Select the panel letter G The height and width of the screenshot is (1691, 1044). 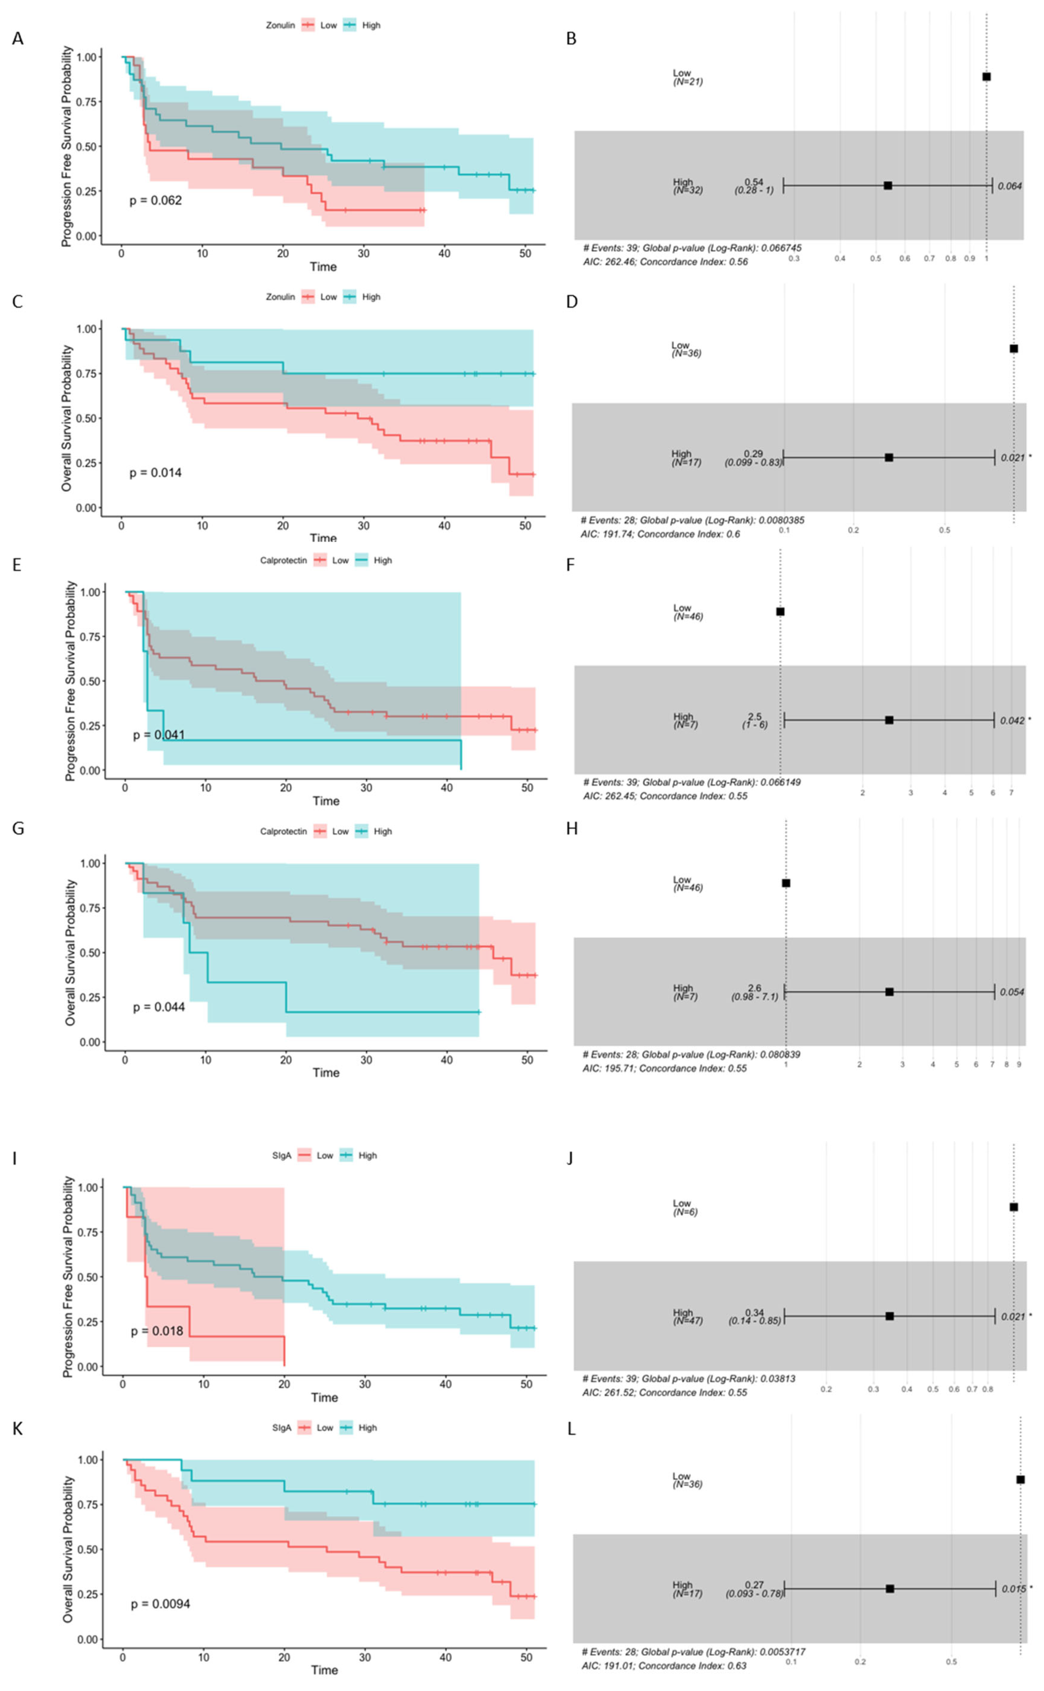pos(18,828)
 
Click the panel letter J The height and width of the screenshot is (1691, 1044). pos(570,1158)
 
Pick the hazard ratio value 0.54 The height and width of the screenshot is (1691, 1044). pos(754,182)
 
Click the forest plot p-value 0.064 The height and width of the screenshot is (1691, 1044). pos(1010,186)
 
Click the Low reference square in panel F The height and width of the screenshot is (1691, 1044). pos(780,611)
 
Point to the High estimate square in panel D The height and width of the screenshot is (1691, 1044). pos(889,458)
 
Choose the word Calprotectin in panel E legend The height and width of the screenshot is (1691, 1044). pos(283,560)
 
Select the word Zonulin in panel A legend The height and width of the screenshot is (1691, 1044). pos(280,25)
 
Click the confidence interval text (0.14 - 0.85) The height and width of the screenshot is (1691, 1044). pos(755,1320)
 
